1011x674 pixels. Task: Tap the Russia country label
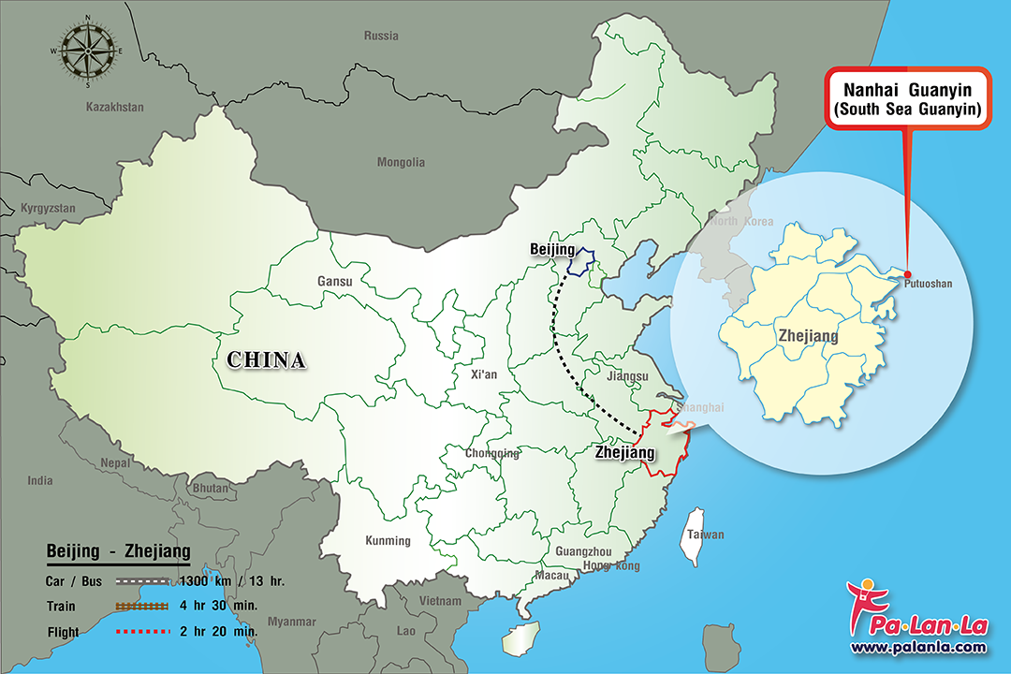381,37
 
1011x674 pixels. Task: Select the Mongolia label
401,162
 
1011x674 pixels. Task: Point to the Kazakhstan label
115,108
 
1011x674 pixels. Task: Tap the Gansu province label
335,281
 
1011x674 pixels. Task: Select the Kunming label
388,540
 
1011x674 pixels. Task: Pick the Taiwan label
706,535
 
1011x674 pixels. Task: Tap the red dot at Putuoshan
907,273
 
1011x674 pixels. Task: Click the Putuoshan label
927,284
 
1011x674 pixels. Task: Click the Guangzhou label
582,551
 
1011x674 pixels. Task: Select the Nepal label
116,462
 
